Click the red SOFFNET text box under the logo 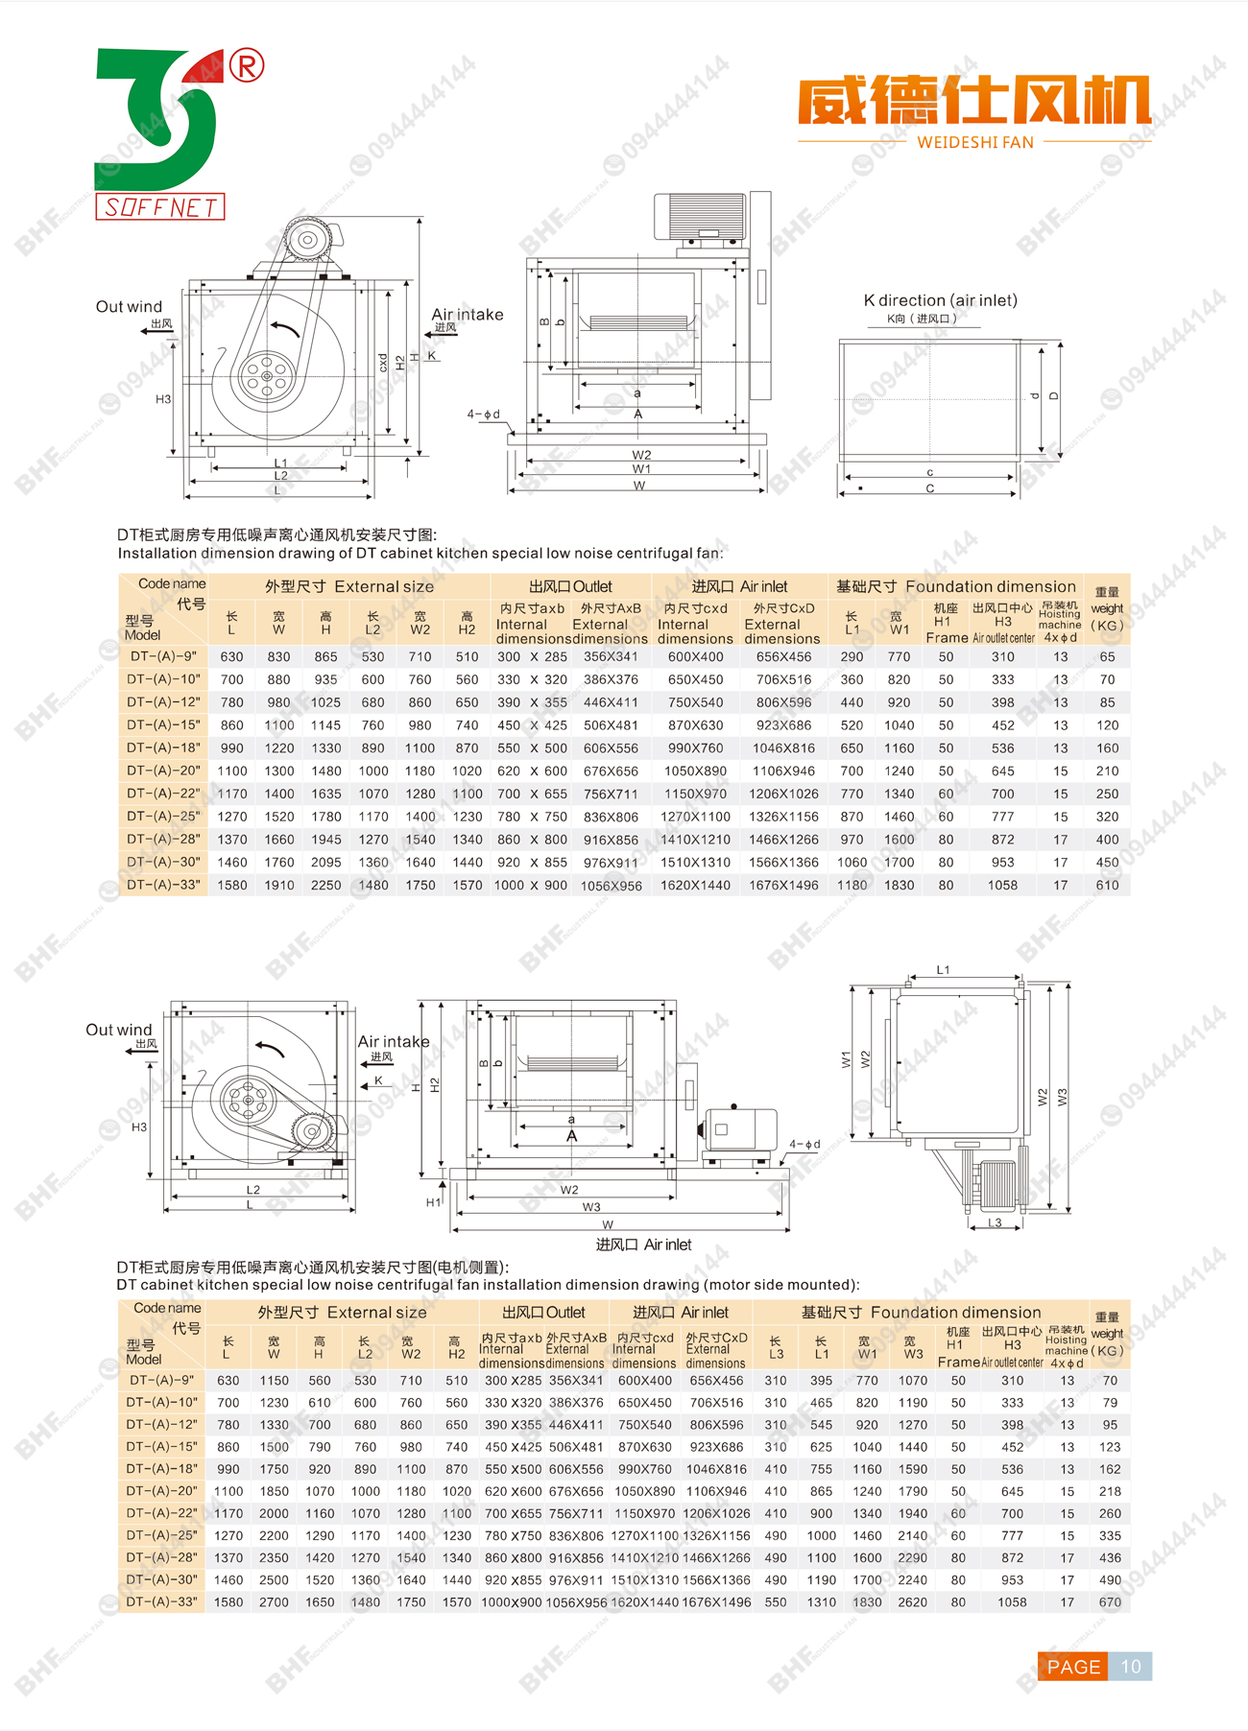pyautogui.click(x=160, y=206)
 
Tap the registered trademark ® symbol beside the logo pyautogui.click(x=247, y=66)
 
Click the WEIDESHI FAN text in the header pyautogui.click(x=975, y=143)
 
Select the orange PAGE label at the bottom pyautogui.click(x=1073, y=1667)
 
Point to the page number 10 pyautogui.click(x=1131, y=1667)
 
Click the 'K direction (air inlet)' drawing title pyautogui.click(x=940, y=300)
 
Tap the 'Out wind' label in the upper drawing pyautogui.click(x=129, y=307)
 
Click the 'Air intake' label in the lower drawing pyautogui.click(x=394, y=1042)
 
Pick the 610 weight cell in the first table pyautogui.click(x=1107, y=886)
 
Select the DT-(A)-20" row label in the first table pyautogui.click(x=163, y=771)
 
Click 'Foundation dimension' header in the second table pyautogui.click(x=955, y=1313)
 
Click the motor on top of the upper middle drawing pyautogui.click(x=700, y=215)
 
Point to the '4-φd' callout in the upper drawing pyautogui.click(x=483, y=415)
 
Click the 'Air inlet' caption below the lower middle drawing pyautogui.click(x=643, y=1245)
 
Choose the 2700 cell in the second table pyautogui.click(x=274, y=1602)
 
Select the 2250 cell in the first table pyautogui.click(x=325, y=886)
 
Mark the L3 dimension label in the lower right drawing pyautogui.click(x=995, y=1222)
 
